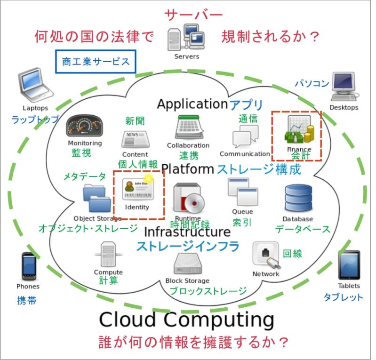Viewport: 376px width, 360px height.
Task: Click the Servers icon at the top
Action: [186, 37]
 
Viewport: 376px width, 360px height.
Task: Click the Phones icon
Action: [28, 266]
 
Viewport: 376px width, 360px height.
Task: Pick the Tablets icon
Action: [348, 266]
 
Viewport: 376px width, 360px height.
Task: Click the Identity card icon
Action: [137, 191]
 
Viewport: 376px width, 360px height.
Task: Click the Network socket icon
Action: [266, 255]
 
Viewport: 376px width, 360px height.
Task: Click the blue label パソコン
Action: [312, 83]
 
